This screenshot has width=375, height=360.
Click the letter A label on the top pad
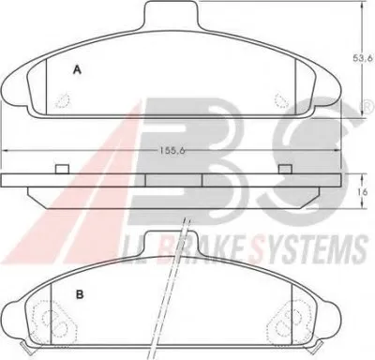point(77,70)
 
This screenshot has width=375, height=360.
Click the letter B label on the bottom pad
point(80,294)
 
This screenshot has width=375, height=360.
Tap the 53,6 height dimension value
point(363,58)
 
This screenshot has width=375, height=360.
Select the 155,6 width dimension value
point(172,151)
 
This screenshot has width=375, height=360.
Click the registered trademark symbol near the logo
point(369,107)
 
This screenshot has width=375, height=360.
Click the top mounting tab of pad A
point(171,15)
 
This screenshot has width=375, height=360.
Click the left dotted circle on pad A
point(63,100)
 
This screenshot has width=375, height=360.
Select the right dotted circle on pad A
point(282,100)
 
